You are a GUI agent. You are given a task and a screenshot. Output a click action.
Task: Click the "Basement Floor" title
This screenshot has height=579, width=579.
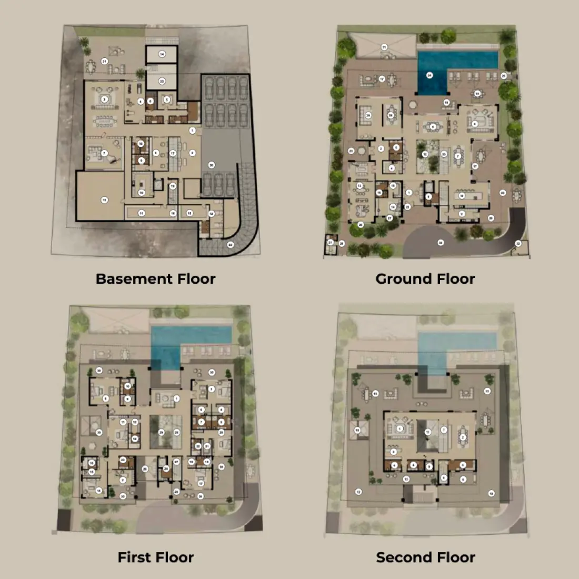pyautogui.click(x=155, y=278)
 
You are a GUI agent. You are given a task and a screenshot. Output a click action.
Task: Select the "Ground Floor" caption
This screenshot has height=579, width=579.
pyautogui.click(x=425, y=278)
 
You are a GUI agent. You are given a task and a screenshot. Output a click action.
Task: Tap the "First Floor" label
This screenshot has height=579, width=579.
pyautogui.click(x=156, y=557)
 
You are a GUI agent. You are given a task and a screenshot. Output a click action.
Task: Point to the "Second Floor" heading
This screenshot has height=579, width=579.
pyautogui.click(x=425, y=557)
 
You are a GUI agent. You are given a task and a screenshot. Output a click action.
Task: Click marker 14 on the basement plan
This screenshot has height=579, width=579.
pyautogui.click(x=162, y=54)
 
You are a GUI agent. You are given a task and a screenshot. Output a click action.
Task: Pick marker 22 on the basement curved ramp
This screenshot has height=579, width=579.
pyautogui.click(x=230, y=244)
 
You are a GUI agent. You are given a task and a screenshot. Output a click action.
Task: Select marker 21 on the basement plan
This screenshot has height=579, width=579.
pyautogui.click(x=104, y=62)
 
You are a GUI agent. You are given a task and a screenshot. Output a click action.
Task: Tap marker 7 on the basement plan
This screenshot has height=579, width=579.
pyautogui.click(x=104, y=153)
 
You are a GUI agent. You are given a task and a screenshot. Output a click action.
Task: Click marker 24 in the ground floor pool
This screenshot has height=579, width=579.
pyautogui.click(x=430, y=75)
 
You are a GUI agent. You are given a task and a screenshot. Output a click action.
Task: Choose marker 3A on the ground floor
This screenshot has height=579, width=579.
pyautogui.click(x=368, y=115)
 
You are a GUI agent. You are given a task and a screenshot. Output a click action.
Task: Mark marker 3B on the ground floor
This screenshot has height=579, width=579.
pyautogui.click(x=391, y=115)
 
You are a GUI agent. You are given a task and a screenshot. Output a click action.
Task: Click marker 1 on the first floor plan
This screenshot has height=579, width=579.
pyautogui.click(x=176, y=398)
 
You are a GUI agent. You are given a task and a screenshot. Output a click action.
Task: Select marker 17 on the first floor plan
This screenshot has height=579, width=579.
pyautogui.click(x=201, y=483)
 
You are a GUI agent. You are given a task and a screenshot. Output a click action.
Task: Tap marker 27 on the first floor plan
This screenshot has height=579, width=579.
pyautogui.click(x=176, y=462)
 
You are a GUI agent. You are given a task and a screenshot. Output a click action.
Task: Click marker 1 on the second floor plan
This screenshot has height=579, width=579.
pyautogui.click(x=400, y=429)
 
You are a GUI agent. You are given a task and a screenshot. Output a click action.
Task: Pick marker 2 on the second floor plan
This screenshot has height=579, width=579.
pyautogui.click(x=463, y=437)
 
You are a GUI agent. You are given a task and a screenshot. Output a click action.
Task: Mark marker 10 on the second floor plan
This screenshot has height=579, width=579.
pyautogui.click(x=357, y=430)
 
